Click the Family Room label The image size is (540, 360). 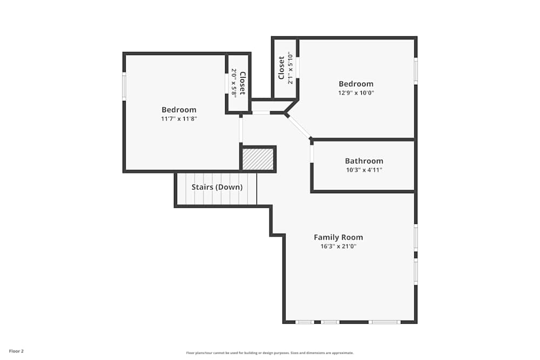(338, 237)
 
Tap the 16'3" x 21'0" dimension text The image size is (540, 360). (338, 246)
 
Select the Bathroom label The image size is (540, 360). (364, 161)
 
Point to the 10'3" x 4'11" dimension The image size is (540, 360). (364, 169)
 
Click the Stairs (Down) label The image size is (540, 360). (217, 187)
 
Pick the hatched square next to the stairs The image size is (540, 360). (258, 159)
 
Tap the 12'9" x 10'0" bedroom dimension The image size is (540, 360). (356, 92)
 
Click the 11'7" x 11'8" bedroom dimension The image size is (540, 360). (179, 118)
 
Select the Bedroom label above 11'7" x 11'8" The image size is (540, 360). (179, 110)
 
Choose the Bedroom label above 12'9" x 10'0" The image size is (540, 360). (356, 84)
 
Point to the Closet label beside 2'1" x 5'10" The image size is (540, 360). (281, 68)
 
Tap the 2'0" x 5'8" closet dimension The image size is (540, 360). (234, 83)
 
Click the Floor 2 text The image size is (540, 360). (16, 351)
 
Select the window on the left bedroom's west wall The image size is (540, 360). (124, 86)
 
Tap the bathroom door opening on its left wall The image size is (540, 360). (312, 154)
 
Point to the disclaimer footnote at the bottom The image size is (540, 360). (270, 352)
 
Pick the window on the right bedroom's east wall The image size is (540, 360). (415, 70)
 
